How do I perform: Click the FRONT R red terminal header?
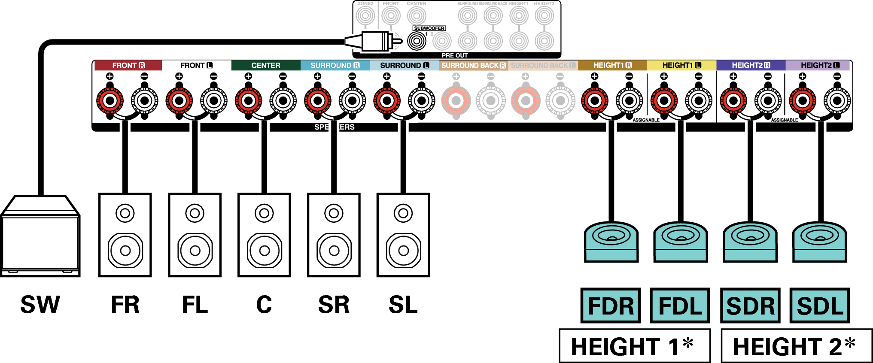(x=128, y=65)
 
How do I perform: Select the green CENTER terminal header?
(x=265, y=65)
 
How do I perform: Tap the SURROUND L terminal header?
(x=404, y=65)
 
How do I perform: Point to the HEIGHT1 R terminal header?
(x=612, y=65)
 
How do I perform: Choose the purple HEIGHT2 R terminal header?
(x=751, y=65)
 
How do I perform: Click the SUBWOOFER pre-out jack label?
(x=429, y=28)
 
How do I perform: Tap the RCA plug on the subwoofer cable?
(x=374, y=41)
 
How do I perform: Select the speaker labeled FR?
(x=125, y=235)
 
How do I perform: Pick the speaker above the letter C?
(x=264, y=235)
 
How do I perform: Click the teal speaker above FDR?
(x=611, y=242)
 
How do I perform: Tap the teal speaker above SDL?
(x=819, y=242)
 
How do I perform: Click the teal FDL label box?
(x=680, y=306)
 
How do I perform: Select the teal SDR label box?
(x=750, y=306)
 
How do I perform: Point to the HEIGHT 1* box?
(x=634, y=346)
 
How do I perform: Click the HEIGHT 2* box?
(x=796, y=346)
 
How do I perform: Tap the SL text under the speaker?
(x=403, y=305)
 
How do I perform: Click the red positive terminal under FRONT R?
(x=110, y=101)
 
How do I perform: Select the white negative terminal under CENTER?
(x=283, y=101)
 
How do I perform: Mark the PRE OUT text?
(x=455, y=55)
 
